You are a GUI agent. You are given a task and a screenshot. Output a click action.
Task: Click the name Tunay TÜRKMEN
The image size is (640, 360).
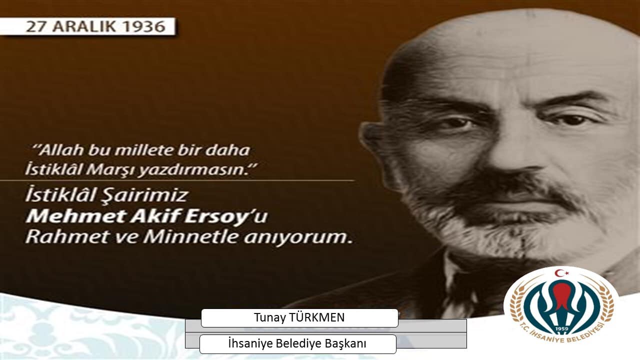tap(299, 318)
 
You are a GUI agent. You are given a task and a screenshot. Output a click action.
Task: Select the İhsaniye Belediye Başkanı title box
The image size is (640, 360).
tap(297, 344)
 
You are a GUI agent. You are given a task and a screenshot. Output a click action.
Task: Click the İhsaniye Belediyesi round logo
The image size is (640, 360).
tap(560, 308)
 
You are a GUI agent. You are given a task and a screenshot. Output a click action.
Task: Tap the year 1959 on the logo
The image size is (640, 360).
tap(561, 329)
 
